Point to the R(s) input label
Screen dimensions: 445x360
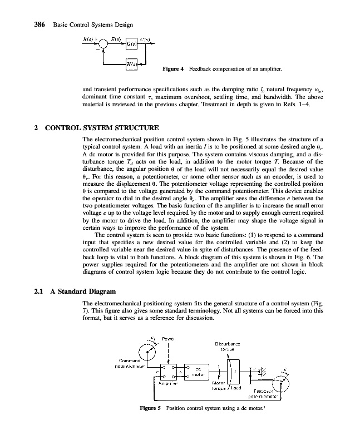(88, 38)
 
